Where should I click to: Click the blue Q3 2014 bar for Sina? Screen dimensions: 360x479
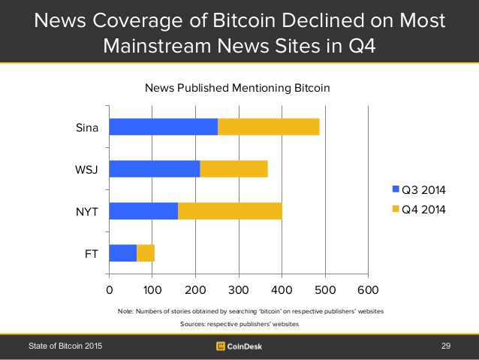tap(163, 127)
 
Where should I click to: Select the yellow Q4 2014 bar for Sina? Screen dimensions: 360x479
tap(269, 127)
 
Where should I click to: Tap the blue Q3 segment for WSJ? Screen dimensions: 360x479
tap(154, 169)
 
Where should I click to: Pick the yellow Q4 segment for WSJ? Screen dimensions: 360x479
tap(233, 169)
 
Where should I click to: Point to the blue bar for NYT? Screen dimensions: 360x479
tap(143, 210)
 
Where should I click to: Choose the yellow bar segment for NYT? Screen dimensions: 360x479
tap(230, 210)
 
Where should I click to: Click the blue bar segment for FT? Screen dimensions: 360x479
tap(122, 253)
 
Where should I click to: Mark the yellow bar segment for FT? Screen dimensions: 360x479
tap(146, 253)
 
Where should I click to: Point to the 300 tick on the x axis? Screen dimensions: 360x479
tap(239, 289)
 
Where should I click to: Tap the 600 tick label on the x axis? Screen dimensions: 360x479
tap(368, 289)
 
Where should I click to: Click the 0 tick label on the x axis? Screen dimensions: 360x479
tap(110, 289)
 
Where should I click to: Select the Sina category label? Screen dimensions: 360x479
tap(87, 127)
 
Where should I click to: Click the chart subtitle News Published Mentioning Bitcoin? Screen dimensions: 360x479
tap(237, 89)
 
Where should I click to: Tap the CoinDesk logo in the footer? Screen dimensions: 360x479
tap(239, 346)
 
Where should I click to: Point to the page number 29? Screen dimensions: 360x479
tap(447, 346)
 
